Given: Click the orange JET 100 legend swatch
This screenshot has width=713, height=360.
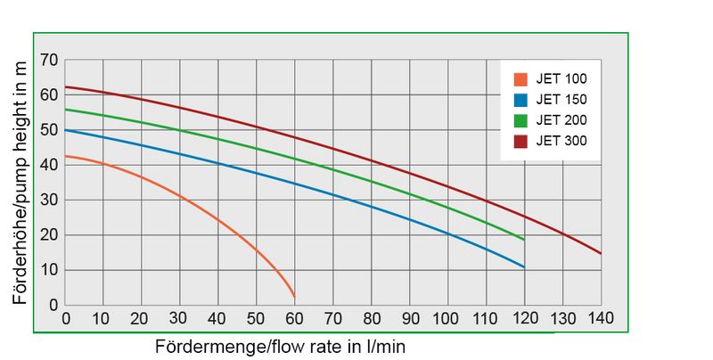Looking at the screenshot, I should click(x=520, y=78).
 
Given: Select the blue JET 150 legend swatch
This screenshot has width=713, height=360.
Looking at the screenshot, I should click(x=520, y=99).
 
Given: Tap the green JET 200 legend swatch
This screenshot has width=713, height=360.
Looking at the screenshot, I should click(x=520, y=119).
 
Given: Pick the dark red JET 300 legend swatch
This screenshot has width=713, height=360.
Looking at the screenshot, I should click(x=520, y=140).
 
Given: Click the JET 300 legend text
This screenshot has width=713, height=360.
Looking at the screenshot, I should click(x=561, y=140).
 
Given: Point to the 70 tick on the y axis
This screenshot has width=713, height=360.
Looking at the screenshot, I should click(x=49, y=61).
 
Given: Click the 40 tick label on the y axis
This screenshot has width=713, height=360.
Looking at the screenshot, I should click(x=49, y=165).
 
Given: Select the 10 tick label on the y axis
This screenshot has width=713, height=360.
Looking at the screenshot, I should click(x=49, y=270).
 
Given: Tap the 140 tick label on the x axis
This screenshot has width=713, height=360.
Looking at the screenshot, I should click(x=601, y=318).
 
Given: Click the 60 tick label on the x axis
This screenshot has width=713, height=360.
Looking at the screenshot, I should click(x=294, y=318).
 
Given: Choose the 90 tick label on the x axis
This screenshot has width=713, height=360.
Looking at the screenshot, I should click(x=409, y=318).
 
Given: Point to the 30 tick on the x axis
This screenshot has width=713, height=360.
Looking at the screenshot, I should click(x=180, y=318).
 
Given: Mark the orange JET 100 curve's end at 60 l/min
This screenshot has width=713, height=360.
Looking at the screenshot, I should click(x=294, y=297).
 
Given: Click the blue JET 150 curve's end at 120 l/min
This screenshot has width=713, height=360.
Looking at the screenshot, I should click(x=524, y=267).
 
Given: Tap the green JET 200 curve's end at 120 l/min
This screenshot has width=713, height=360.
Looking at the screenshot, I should click(x=524, y=240).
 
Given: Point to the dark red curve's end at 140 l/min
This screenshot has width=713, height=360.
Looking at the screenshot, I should click(x=601, y=253).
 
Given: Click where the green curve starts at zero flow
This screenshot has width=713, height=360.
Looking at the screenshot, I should click(x=66, y=110).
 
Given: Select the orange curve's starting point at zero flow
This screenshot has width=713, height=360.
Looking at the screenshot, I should click(x=66, y=156).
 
